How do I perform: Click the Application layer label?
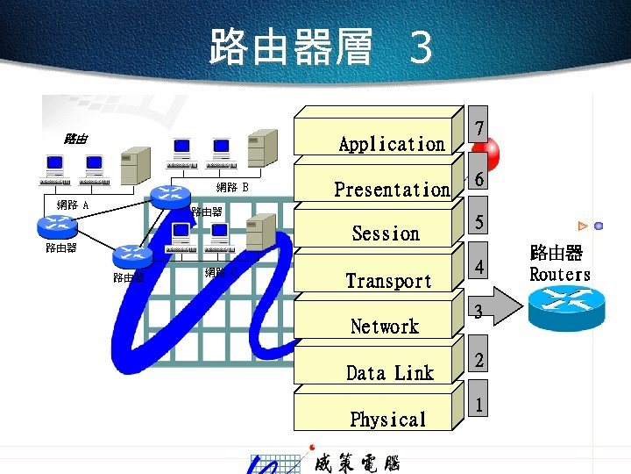pyautogui.click(x=391, y=144)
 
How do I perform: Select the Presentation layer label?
pyautogui.click(x=392, y=190)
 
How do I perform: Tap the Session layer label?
pyautogui.click(x=386, y=233)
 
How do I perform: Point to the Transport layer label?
pyautogui.click(x=388, y=281)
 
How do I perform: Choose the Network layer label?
pyautogui.click(x=385, y=327)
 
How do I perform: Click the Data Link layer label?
pyautogui.click(x=390, y=373)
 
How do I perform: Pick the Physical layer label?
pyautogui.click(x=387, y=420)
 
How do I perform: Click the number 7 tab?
pyautogui.click(x=479, y=130)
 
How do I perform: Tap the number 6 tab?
pyautogui.click(x=479, y=179)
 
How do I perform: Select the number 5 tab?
pyautogui.click(x=479, y=223)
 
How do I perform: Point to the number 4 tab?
pyautogui.click(x=479, y=267)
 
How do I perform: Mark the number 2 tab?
pyautogui.click(x=479, y=360)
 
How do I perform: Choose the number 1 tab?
pyautogui.click(x=479, y=405)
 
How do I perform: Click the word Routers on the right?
pyautogui.click(x=560, y=275)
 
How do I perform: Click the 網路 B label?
pyautogui.click(x=232, y=187)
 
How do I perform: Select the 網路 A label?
pyautogui.click(x=72, y=205)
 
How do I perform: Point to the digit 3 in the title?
pyautogui.click(x=421, y=48)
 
